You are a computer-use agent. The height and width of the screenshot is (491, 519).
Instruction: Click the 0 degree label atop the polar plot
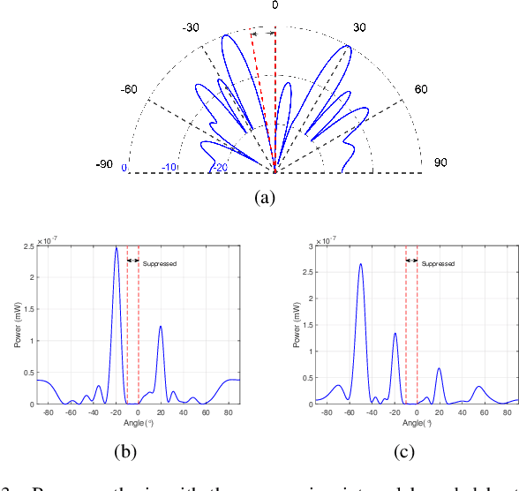pyautogui.click(x=275, y=6)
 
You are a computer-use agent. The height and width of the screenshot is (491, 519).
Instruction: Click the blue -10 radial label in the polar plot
pyautogui.click(x=169, y=168)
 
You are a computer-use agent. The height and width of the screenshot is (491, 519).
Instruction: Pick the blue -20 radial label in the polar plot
pyautogui.click(x=219, y=168)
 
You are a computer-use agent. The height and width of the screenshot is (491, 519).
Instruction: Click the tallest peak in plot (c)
pyautogui.click(x=360, y=263)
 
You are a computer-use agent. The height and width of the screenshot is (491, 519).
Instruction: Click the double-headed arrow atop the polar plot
pyautogui.click(x=262, y=33)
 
